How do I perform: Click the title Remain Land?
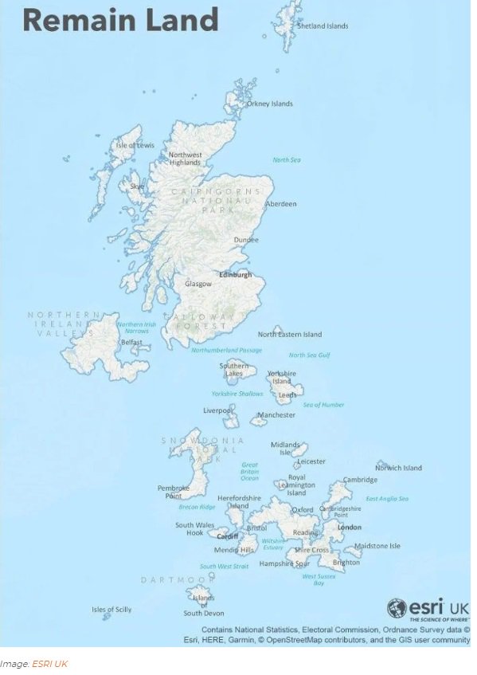click(120, 19)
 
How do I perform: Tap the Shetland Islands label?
click(323, 26)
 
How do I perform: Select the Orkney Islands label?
click(269, 104)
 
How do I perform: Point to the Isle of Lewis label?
click(135, 145)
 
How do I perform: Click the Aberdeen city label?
click(280, 204)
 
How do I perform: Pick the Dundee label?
click(246, 240)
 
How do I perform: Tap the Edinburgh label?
click(235, 275)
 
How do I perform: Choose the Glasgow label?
click(198, 284)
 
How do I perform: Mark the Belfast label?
click(131, 343)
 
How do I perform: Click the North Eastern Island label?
click(290, 335)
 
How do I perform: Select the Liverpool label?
click(216, 411)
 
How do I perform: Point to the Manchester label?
click(276, 415)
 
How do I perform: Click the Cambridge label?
click(360, 480)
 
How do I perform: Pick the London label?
click(349, 528)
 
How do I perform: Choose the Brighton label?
click(346, 563)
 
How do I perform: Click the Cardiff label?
click(227, 536)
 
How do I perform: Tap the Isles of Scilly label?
click(111, 610)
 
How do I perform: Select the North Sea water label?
click(287, 160)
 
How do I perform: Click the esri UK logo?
click(428, 609)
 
